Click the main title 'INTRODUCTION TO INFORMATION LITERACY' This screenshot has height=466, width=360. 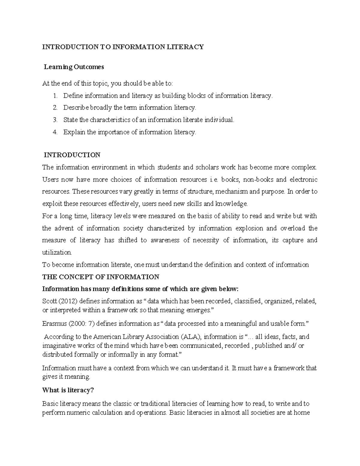(x=123, y=47)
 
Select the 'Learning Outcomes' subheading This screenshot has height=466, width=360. (x=74, y=67)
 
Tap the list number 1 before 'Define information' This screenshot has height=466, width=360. (x=55, y=96)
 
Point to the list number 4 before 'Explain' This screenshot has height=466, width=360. (x=55, y=132)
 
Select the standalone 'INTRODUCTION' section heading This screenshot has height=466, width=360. (x=72, y=155)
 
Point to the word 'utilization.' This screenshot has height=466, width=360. (x=57, y=253)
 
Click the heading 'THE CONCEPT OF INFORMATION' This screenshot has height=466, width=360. (x=100, y=277)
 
